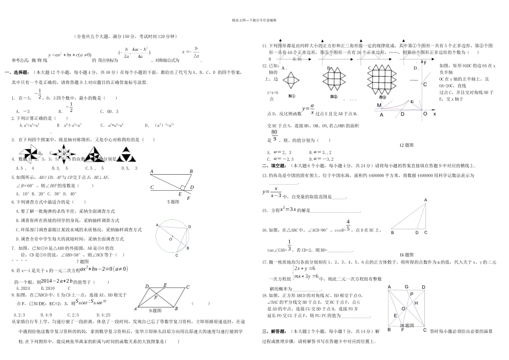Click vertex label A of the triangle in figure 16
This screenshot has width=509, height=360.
point(426,200)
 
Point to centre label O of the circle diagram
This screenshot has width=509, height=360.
point(170,239)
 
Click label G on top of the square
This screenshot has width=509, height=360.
point(407,287)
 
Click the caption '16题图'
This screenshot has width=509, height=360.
point(406,254)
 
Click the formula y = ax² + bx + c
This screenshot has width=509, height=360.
point(70,55)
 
